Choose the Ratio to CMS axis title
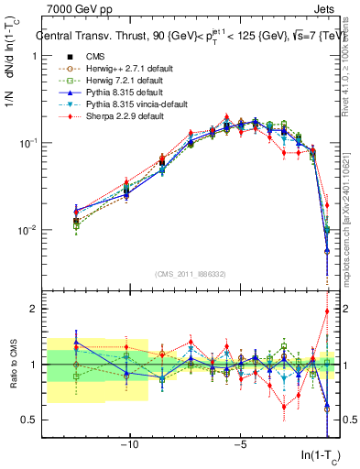[x=12, y=365]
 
